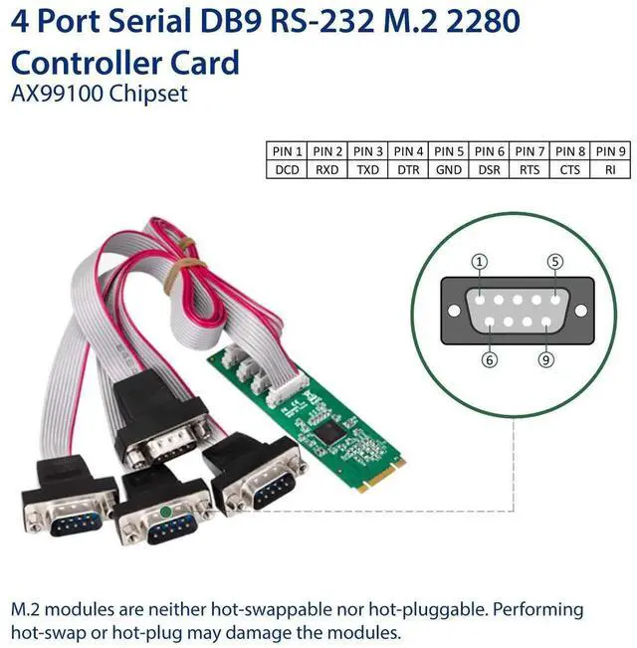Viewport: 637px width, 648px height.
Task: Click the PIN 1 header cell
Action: click(x=287, y=151)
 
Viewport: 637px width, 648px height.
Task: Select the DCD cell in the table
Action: click(x=287, y=169)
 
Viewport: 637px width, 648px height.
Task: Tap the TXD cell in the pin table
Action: click(x=368, y=169)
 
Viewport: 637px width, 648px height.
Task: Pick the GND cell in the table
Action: click(x=449, y=169)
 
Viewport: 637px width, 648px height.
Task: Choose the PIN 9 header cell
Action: click(x=610, y=151)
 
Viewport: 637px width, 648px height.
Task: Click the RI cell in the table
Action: click(x=610, y=169)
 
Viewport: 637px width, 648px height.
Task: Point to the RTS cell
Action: click(x=530, y=169)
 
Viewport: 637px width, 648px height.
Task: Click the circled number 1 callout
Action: click(x=481, y=262)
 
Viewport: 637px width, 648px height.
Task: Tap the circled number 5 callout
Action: click(x=555, y=262)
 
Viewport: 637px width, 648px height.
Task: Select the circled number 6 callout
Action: click(x=490, y=359)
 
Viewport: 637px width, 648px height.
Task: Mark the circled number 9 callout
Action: click(x=545, y=359)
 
